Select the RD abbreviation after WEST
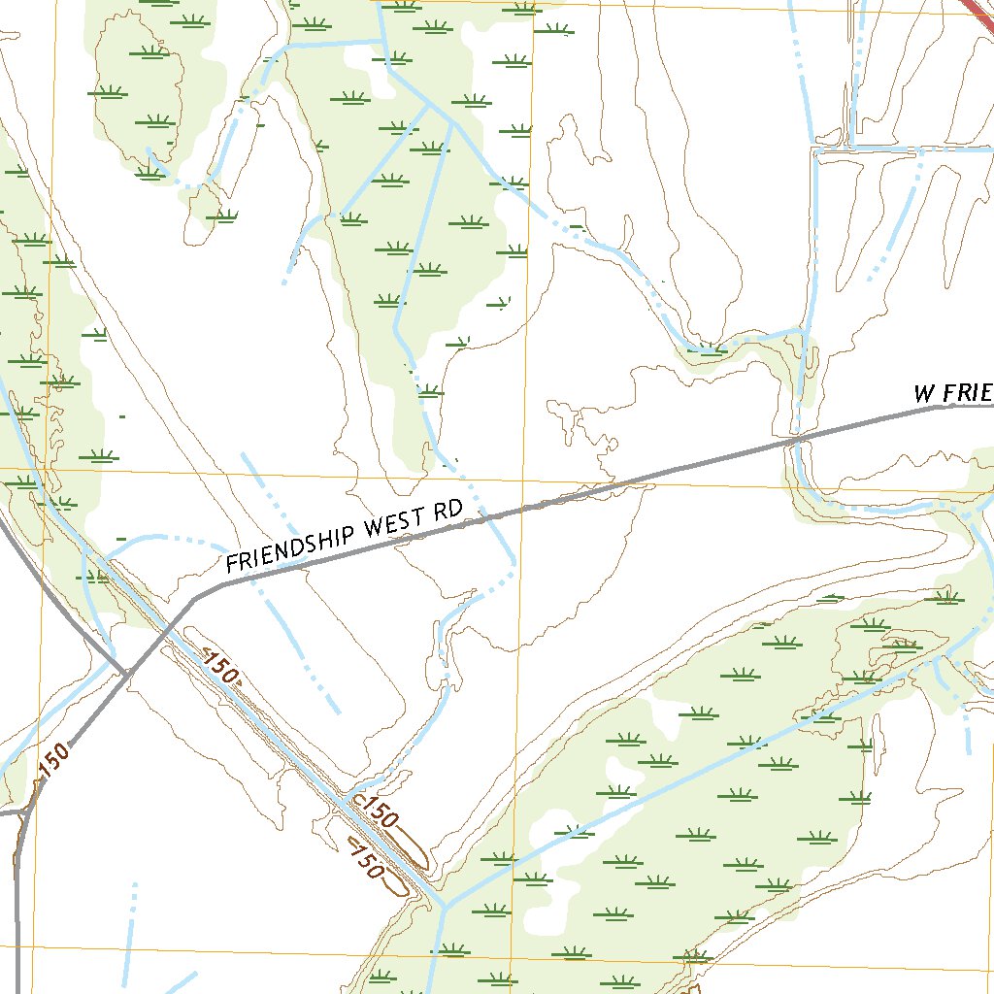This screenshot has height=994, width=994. pos(447,511)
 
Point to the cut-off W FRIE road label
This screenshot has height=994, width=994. pos(952,393)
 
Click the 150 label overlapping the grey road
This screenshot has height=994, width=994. pos(55,759)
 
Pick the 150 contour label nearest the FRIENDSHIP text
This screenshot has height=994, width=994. pos(220,669)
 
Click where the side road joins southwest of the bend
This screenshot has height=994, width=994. pos(127,671)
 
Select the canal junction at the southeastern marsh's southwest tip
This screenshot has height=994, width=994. pos(444,906)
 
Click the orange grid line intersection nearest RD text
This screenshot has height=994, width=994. pos(523,479)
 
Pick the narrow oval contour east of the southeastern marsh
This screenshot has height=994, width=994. pos(878,738)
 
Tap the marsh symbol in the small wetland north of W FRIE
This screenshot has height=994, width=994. pos(711,348)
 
